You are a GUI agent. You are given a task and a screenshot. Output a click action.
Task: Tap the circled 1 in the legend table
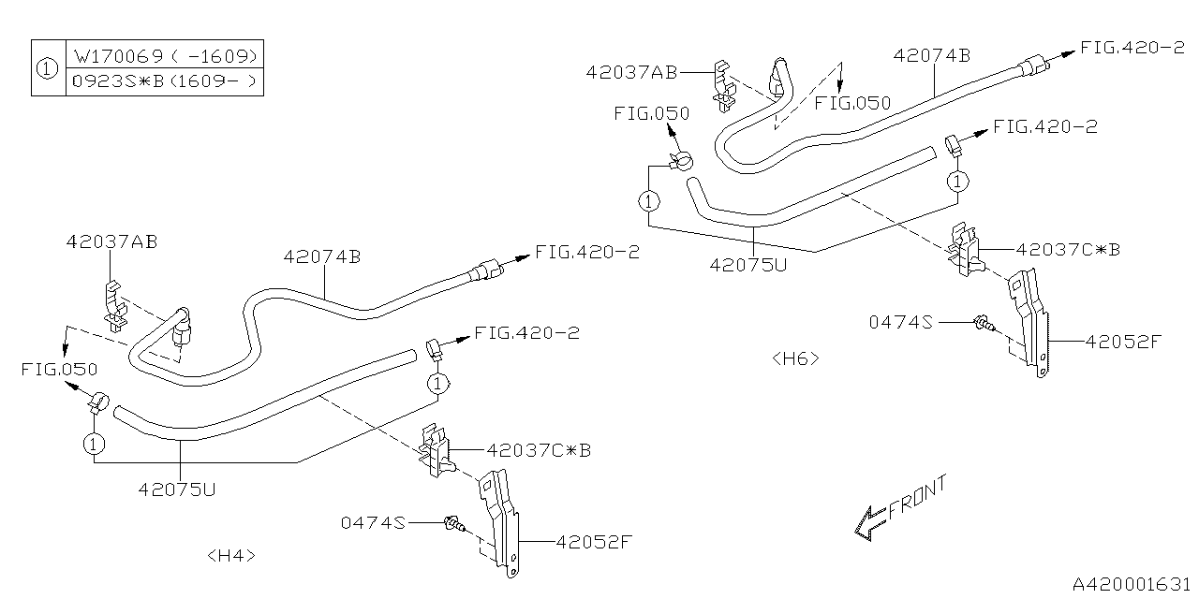(x=47, y=67)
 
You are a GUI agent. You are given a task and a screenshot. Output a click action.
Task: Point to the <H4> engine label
(x=230, y=555)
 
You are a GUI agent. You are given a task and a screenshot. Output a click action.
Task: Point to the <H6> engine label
(x=795, y=358)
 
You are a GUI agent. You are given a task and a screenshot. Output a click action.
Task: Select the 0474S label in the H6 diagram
(x=901, y=322)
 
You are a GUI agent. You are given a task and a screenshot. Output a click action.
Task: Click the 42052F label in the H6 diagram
(x=1123, y=342)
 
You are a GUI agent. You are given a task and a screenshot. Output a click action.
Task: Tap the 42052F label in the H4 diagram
(x=594, y=541)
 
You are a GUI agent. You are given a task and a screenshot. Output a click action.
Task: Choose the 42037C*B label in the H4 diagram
(x=539, y=450)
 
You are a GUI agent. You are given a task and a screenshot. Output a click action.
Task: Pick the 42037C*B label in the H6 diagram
(x=1068, y=250)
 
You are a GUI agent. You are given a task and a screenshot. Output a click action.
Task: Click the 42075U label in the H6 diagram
(x=748, y=264)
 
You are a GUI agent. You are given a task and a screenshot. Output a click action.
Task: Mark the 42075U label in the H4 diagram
(x=179, y=488)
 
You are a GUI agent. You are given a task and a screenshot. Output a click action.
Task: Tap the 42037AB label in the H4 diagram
(x=111, y=241)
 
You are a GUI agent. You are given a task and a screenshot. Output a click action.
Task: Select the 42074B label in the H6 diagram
(x=931, y=54)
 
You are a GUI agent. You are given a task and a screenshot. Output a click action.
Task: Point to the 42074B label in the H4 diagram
(x=322, y=256)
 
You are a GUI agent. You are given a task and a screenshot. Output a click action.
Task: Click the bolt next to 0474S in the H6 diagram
(x=983, y=324)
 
